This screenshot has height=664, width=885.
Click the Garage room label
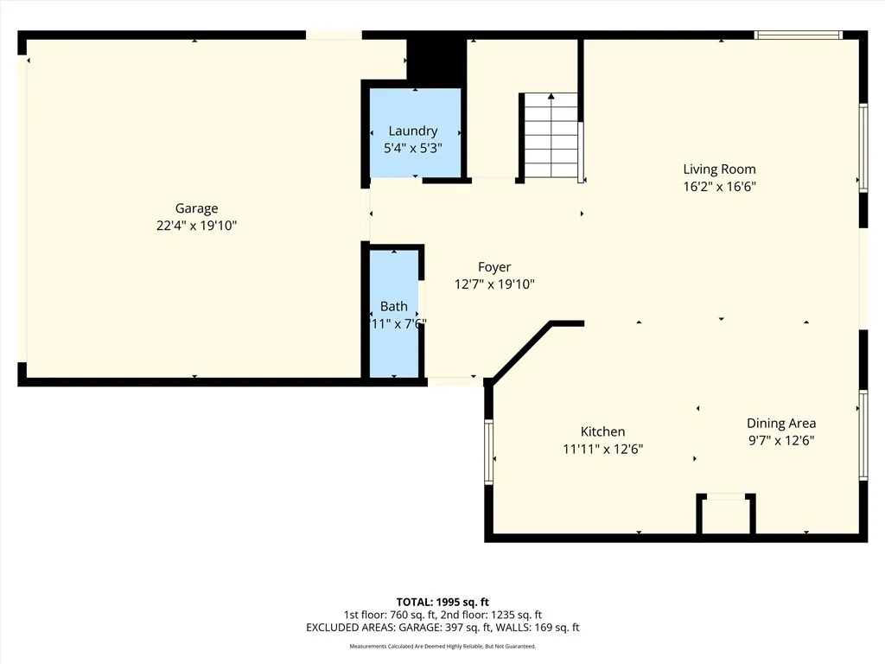tap(196, 208)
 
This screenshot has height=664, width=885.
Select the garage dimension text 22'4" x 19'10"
tap(196, 226)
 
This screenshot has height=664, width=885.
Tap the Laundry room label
tap(412, 131)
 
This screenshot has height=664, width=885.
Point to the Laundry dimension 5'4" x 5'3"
tap(412, 148)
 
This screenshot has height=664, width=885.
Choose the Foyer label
tap(494, 267)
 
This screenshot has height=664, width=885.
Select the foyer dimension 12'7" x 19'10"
tap(494, 284)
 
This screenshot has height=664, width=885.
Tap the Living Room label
tap(719, 169)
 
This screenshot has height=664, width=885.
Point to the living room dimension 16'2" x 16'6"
tap(719, 186)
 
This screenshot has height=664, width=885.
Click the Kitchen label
tap(602, 431)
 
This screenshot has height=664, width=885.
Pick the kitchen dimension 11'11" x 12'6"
tap(602, 449)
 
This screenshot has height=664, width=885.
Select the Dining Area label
tap(781, 423)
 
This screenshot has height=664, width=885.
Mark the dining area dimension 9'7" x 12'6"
tap(781, 440)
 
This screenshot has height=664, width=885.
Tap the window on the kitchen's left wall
tap(489, 452)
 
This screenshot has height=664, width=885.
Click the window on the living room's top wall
tap(798, 35)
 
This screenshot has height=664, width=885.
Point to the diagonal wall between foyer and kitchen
tap(521, 351)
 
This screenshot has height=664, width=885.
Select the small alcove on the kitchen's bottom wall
tap(726, 515)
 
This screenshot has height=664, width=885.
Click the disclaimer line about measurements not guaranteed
tap(442, 647)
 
